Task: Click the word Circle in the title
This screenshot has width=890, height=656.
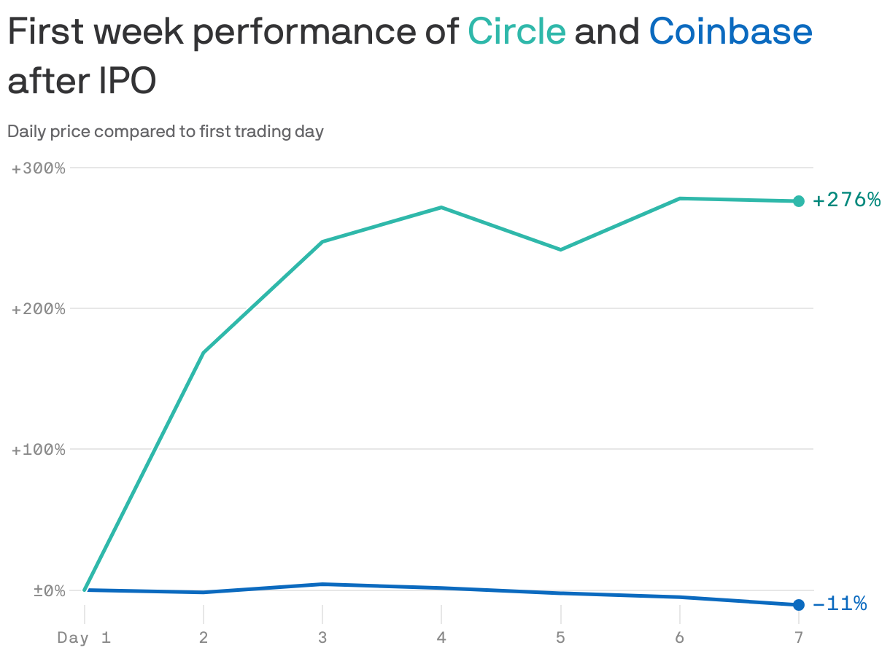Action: tap(516, 31)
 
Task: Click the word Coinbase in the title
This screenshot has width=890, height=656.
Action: tap(730, 31)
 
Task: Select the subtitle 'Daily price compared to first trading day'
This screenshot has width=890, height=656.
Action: tap(166, 132)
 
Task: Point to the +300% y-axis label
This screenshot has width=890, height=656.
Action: tap(39, 168)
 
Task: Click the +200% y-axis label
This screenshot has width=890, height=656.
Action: tap(39, 309)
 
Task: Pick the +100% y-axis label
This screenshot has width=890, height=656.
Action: tap(39, 450)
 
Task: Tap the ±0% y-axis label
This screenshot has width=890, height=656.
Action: tap(49, 590)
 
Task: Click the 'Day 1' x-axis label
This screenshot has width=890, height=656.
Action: tap(84, 639)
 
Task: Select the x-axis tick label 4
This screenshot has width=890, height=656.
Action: tap(441, 639)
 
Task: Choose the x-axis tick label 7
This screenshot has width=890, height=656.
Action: tap(799, 639)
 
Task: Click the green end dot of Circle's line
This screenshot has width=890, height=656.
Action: tap(799, 201)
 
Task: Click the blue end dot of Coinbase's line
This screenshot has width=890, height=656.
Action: tap(799, 605)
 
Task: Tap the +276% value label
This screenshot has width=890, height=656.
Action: tap(846, 200)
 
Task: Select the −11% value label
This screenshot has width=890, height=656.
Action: tap(840, 604)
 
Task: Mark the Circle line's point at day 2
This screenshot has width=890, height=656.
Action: tap(203, 353)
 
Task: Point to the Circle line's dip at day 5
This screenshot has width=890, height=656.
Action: tap(560, 250)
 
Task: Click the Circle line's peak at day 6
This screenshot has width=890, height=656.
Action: tap(680, 198)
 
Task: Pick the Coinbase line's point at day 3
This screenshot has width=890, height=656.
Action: tap(322, 584)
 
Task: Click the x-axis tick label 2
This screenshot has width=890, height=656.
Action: tap(203, 639)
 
